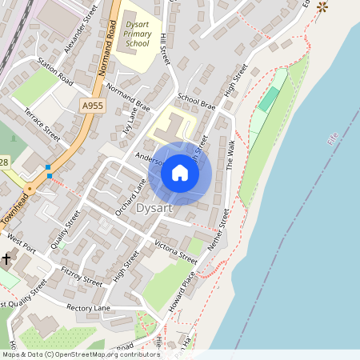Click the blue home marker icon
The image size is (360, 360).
(x=180, y=173)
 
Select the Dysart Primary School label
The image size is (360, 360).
(x=138, y=34)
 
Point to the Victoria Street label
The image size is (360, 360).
(x=175, y=251)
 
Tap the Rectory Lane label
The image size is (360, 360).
(x=88, y=308)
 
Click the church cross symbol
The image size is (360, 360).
(x=6, y=258)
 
